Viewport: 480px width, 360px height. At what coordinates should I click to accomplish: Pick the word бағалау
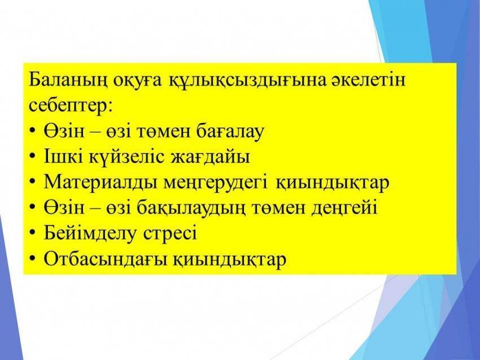[230, 131]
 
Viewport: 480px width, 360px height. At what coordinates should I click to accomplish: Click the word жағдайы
[210, 157]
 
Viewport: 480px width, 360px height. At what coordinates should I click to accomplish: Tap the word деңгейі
[344, 208]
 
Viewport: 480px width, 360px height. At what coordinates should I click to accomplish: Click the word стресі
[170, 234]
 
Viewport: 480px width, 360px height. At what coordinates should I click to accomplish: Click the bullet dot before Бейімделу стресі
[33, 233]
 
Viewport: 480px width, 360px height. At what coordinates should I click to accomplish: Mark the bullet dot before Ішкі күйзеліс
[33, 157]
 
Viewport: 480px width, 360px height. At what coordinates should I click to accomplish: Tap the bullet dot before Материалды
[33, 182]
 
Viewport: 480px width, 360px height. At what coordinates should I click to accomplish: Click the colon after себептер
[110, 108]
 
